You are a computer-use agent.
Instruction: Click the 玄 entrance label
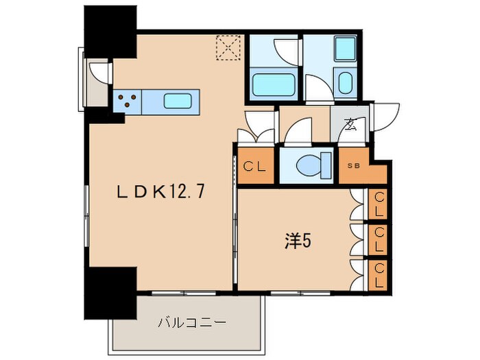(x=350, y=124)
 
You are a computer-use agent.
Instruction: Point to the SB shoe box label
(x=353, y=165)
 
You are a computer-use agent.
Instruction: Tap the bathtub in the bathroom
(x=273, y=85)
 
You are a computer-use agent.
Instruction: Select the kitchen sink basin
(x=179, y=101)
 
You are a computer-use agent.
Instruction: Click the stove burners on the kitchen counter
(x=127, y=101)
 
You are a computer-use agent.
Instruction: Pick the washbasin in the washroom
(x=346, y=83)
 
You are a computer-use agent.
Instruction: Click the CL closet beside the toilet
(x=256, y=165)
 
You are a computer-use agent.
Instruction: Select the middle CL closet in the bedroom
(x=379, y=239)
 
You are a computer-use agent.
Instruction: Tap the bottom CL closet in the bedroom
(x=379, y=275)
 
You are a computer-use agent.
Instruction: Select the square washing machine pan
(x=342, y=47)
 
